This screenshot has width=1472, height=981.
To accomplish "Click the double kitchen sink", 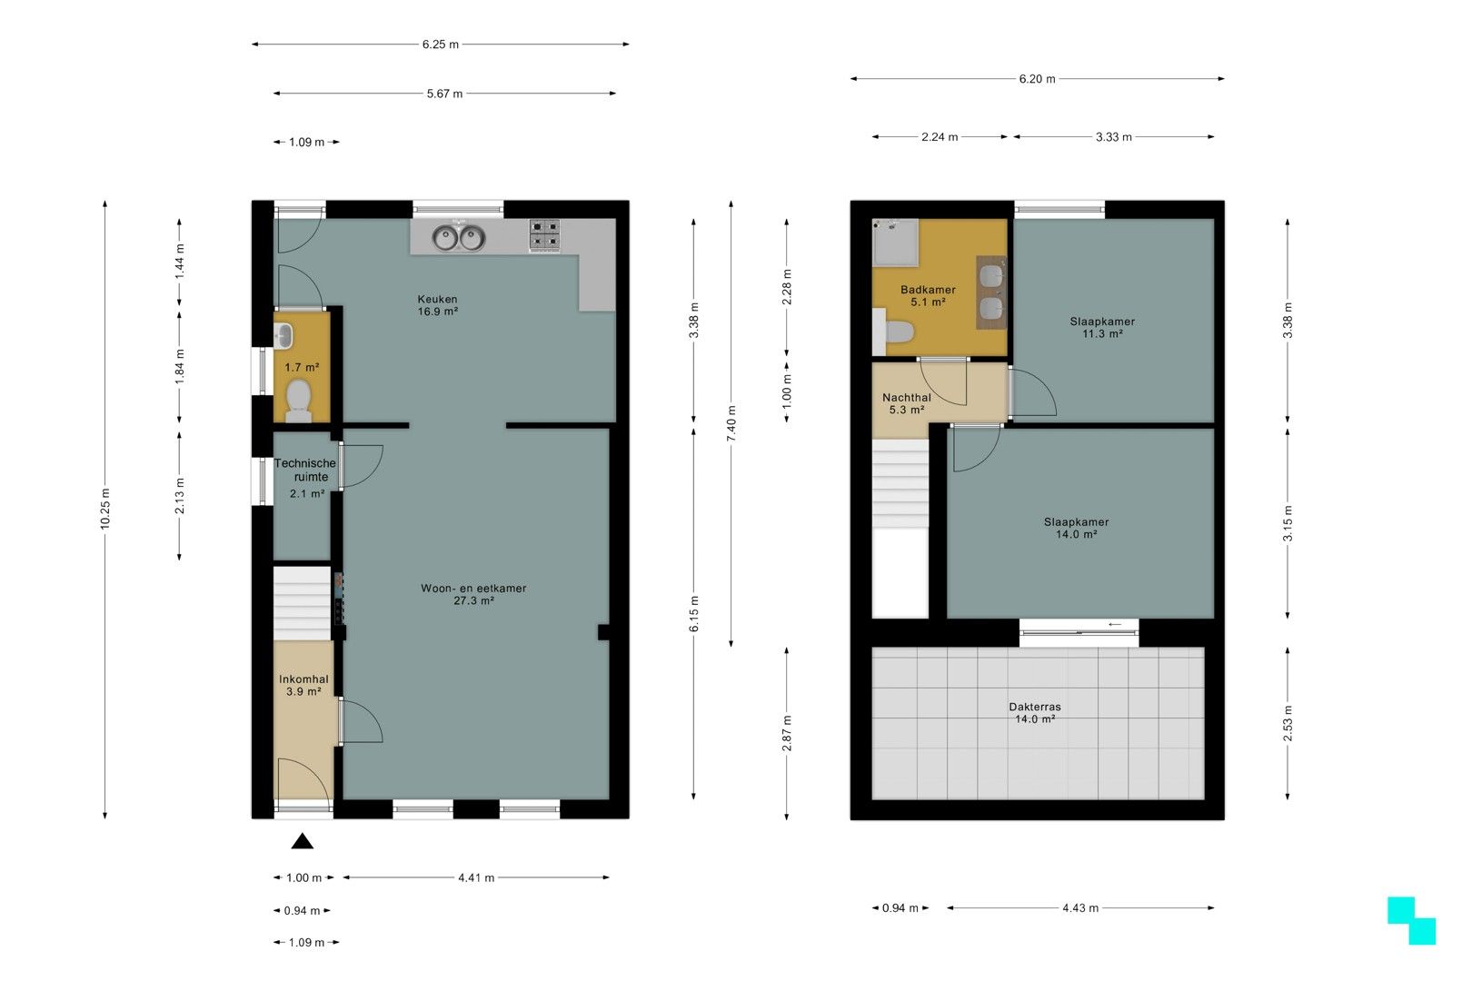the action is pos(459,238).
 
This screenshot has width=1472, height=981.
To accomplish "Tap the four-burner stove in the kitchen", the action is pos(545,235).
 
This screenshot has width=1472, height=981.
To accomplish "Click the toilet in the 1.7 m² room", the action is pos(299,401).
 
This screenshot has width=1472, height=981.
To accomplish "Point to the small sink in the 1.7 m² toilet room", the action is pos(283,336).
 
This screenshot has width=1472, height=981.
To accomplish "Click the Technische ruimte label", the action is pos(305,470).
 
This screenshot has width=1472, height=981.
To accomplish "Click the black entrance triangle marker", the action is pos(303,841).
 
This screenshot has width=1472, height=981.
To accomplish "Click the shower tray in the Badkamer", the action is pos(895,243).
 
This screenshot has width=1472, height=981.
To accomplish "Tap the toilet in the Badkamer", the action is pos(895,332).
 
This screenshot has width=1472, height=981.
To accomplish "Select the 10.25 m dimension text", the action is pos(105,510).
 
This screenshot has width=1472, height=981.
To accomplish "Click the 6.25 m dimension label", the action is pos(441,44).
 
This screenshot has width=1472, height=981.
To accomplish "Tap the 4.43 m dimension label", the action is pos(1080,908).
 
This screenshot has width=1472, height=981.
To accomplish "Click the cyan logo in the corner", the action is pos(1411,920).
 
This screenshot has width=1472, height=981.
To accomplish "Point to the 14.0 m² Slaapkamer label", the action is pos(1077,529).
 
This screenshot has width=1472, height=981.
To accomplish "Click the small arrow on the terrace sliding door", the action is pos(1115,624).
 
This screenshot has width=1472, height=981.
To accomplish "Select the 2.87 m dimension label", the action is pos(787,734).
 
